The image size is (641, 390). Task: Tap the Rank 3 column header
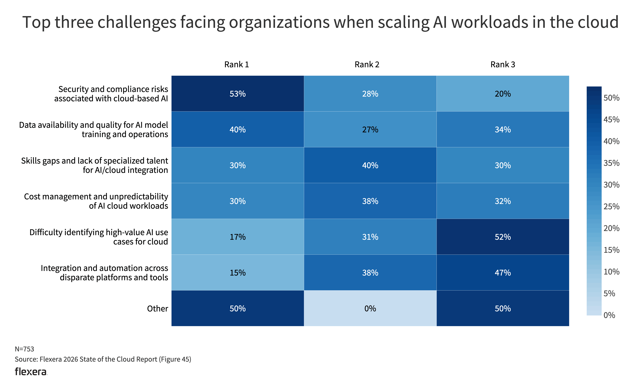[503, 64]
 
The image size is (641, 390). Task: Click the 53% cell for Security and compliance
[238, 94]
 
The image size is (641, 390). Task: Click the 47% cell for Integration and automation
[503, 273]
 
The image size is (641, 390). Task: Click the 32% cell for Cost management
[503, 201]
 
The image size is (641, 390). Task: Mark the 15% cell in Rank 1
[238, 273]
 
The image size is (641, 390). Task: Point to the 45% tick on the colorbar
[611, 120]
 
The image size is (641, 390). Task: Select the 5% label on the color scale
[609, 293]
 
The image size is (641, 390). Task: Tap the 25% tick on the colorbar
[611, 207]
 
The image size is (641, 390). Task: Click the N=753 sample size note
[24, 349]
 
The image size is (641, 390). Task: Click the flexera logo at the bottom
[31, 372]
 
